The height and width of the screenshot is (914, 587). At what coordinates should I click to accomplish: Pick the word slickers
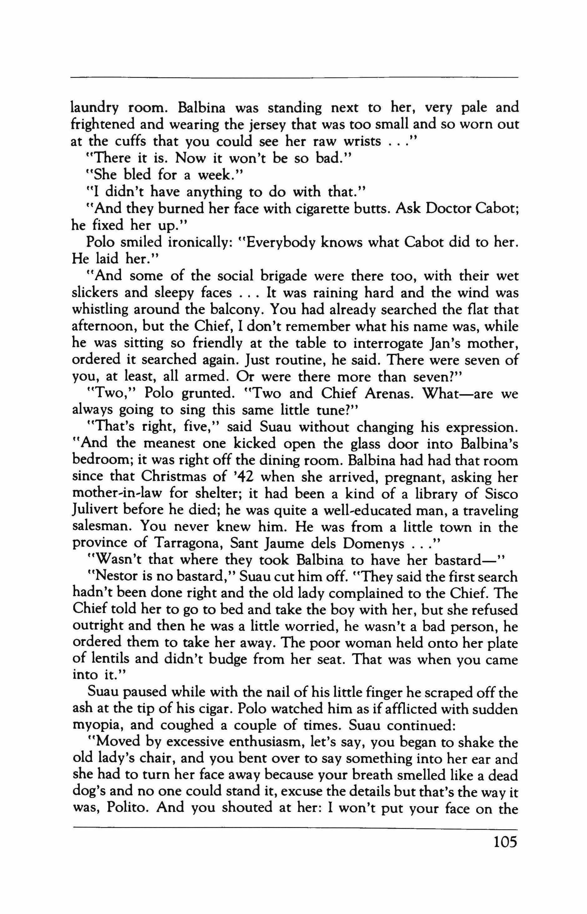(x=94, y=293)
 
